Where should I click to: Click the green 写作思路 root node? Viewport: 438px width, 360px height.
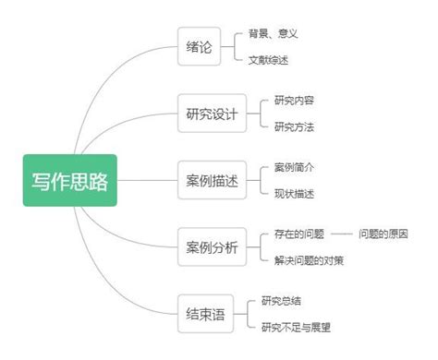[x=70, y=180]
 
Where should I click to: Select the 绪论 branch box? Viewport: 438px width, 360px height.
[x=200, y=47]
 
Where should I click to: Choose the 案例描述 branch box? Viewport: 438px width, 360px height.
[x=212, y=181]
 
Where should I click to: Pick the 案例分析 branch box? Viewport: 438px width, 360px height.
[x=212, y=246]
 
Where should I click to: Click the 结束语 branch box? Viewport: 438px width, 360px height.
[x=205, y=313]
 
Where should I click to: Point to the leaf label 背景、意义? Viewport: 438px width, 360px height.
[x=273, y=34]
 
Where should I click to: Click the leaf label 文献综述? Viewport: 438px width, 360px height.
[x=267, y=60]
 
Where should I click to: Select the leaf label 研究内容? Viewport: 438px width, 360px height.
[x=294, y=101]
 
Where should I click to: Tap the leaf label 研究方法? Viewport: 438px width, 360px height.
[x=294, y=126]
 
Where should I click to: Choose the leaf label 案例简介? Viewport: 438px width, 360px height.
[x=294, y=167]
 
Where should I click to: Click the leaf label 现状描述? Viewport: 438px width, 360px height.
[x=294, y=194]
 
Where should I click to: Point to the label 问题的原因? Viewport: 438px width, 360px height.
[x=383, y=234]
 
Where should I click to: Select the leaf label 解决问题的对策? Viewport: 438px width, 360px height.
[x=309, y=260]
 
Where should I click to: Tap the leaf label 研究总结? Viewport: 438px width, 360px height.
[x=281, y=300]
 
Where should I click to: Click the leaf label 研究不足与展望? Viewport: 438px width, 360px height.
[x=296, y=326]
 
